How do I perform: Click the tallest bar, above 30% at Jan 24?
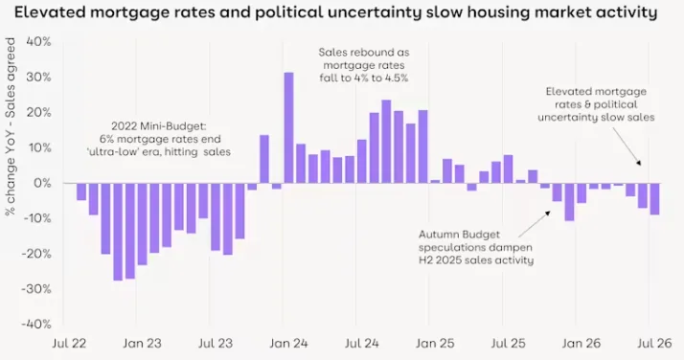coord(288,127)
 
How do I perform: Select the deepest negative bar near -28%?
coord(118,232)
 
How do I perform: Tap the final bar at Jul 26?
coord(654,199)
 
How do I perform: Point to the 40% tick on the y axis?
coord(39,42)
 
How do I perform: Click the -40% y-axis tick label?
coord(36,325)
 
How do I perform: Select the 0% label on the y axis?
coord(42,183)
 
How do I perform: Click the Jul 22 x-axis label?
coord(69,344)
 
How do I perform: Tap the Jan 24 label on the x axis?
coord(288,344)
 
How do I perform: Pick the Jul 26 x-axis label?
coord(654,344)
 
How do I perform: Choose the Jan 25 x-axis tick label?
coord(435,344)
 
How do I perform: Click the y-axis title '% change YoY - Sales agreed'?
coord(10,126)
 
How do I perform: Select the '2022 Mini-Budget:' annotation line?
coord(159,126)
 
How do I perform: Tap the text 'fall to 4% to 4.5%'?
coord(364,79)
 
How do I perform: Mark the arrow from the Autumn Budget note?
coord(535,224)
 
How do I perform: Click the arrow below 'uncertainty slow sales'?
coord(627,146)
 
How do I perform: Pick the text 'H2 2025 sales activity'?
coord(476,260)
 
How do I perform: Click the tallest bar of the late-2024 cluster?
coord(386,142)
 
